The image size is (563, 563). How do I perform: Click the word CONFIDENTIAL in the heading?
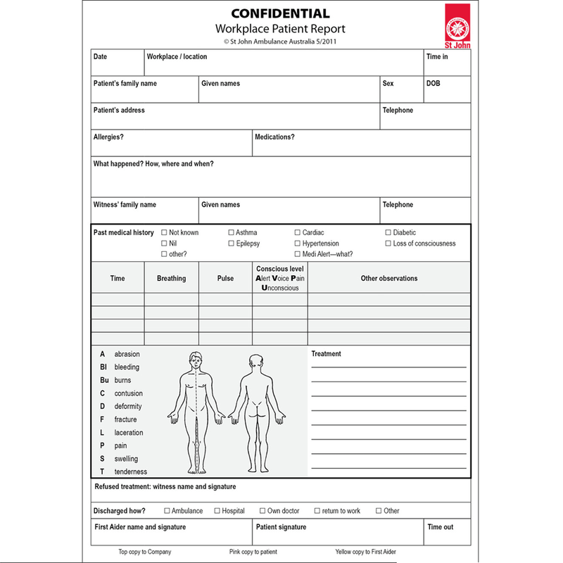pyautogui.click(x=280, y=13)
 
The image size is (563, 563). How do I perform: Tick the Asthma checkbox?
pyautogui.click(x=231, y=232)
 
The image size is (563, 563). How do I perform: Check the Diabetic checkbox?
pyautogui.click(x=388, y=232)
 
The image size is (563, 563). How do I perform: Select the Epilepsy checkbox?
pyautogui.click(x=231, y=243)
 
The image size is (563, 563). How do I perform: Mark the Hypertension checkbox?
pyautogui.click(x=297, y=243)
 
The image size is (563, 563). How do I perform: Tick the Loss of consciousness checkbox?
pyautogui.click(x=388, y=243)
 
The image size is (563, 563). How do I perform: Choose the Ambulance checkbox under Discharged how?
pyautogui.click(x=167, y=511)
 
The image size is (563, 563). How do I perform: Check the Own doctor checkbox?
pyautogui.click(x=262, y=511)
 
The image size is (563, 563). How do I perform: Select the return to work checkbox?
pyautogui.click(x=317, y=511)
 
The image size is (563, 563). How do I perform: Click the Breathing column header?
pyautogui.click(x=171, y=279)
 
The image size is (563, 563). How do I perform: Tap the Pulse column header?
pyautogui.click(x=225, y=279)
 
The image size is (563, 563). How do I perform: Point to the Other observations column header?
pyautogui.click(x=388, y=279)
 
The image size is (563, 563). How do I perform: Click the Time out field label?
pyautogui.click(x=440, y=527)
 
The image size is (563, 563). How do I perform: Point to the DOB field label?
pyautogui.click(x=433, y=84)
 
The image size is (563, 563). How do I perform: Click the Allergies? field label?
pyautogui.click(x=108, y=137)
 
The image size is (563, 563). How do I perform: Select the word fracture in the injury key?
pyautogui.click(x=125, y=419)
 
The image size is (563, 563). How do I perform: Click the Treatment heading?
pyautogui.click(x=326, y=354)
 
